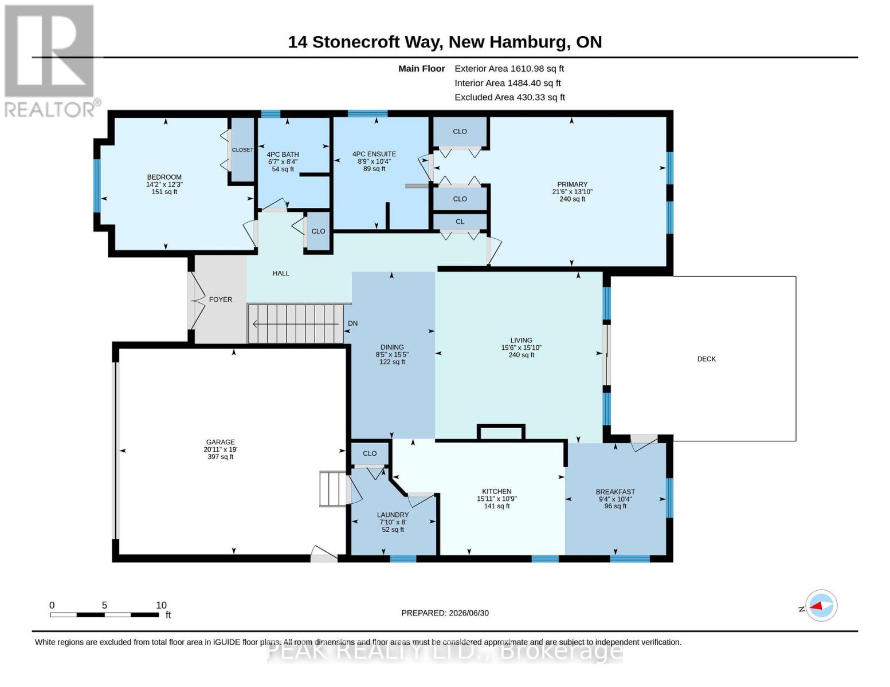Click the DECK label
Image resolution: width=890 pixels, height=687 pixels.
[706, 359]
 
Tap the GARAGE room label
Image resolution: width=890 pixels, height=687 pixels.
[220, 442]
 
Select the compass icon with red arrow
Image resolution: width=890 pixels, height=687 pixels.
[821, 606]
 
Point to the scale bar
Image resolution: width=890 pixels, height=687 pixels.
[104, 614]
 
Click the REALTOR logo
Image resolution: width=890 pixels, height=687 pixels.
[51, 61]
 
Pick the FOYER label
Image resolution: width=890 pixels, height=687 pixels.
[220, 299]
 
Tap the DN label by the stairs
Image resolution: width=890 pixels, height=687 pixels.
[352, 323]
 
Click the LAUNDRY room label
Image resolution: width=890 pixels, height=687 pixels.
[393, 515]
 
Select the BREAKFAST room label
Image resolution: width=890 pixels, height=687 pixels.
[615, 492]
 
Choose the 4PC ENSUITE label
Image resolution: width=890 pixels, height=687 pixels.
[374, 154]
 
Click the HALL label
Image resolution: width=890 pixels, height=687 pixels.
[281, 273]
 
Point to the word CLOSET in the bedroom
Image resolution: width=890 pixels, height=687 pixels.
[242, 150]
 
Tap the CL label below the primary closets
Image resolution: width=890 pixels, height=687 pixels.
[460, 222]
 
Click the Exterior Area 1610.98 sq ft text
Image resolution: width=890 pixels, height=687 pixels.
[509, 69]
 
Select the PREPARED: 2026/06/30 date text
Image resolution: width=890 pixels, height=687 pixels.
[445, 613]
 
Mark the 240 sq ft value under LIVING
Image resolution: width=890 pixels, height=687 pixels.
[521, 355]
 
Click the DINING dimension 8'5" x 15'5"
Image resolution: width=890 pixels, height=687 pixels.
[392, 355]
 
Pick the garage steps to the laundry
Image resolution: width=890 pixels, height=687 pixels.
[333, 488]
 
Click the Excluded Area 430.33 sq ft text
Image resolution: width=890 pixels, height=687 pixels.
[509, 97]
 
